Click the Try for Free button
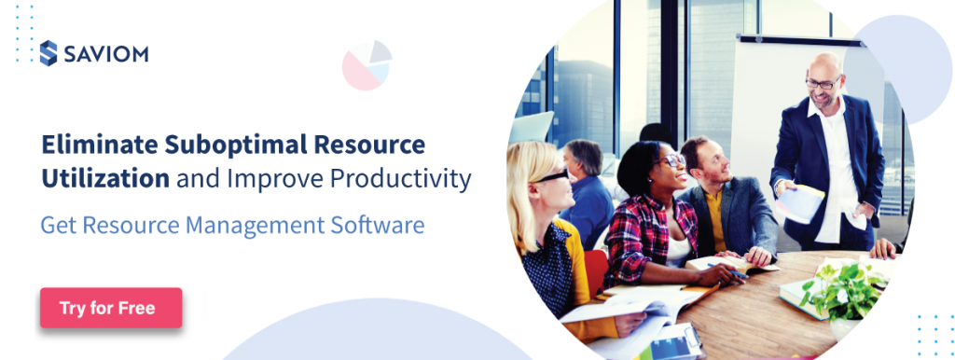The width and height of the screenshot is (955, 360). [x=110, y=308]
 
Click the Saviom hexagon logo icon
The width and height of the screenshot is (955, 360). [x=48, y=53]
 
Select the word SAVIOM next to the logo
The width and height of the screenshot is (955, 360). [x=105, y=54]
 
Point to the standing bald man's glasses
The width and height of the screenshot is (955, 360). [x=822, y=84]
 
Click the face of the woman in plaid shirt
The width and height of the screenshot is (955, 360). [x=670, y=169]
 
